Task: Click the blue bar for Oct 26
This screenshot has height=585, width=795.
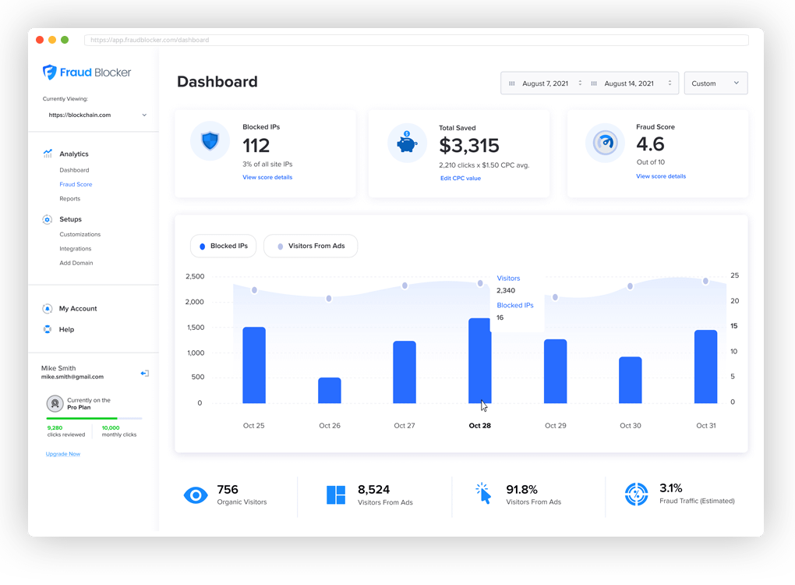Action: pos(330,390)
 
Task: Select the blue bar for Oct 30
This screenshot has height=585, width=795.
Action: pos(630,380)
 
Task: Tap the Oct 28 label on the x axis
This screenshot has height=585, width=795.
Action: pos(479,426)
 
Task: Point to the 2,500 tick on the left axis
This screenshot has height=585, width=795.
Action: pos(195,277)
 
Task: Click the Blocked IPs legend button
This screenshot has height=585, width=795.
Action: pos(223,246)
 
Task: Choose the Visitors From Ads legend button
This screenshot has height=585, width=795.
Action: pos(310,246)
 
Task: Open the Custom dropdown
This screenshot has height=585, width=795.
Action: pos(715,83)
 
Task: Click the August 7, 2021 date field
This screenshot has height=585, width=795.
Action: pos(545,83)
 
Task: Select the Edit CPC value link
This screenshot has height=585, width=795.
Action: pos(460,179)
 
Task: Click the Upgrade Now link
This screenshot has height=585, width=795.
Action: pos(63,454)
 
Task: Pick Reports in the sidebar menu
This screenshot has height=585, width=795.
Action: pos(69,199)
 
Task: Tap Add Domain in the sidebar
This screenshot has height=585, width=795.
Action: pos(76,263)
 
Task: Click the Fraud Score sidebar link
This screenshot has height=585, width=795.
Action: pos(76,185)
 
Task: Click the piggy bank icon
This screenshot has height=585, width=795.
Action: pos(407,144)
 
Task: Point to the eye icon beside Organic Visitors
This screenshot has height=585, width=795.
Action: pos(195,495)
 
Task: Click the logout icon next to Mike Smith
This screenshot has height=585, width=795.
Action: pos(144,374)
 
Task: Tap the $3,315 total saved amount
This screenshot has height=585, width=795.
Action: pos(468,146)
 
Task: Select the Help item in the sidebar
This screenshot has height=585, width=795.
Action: pos(66,330)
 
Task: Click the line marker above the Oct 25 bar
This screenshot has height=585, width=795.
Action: pos(254,290)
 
